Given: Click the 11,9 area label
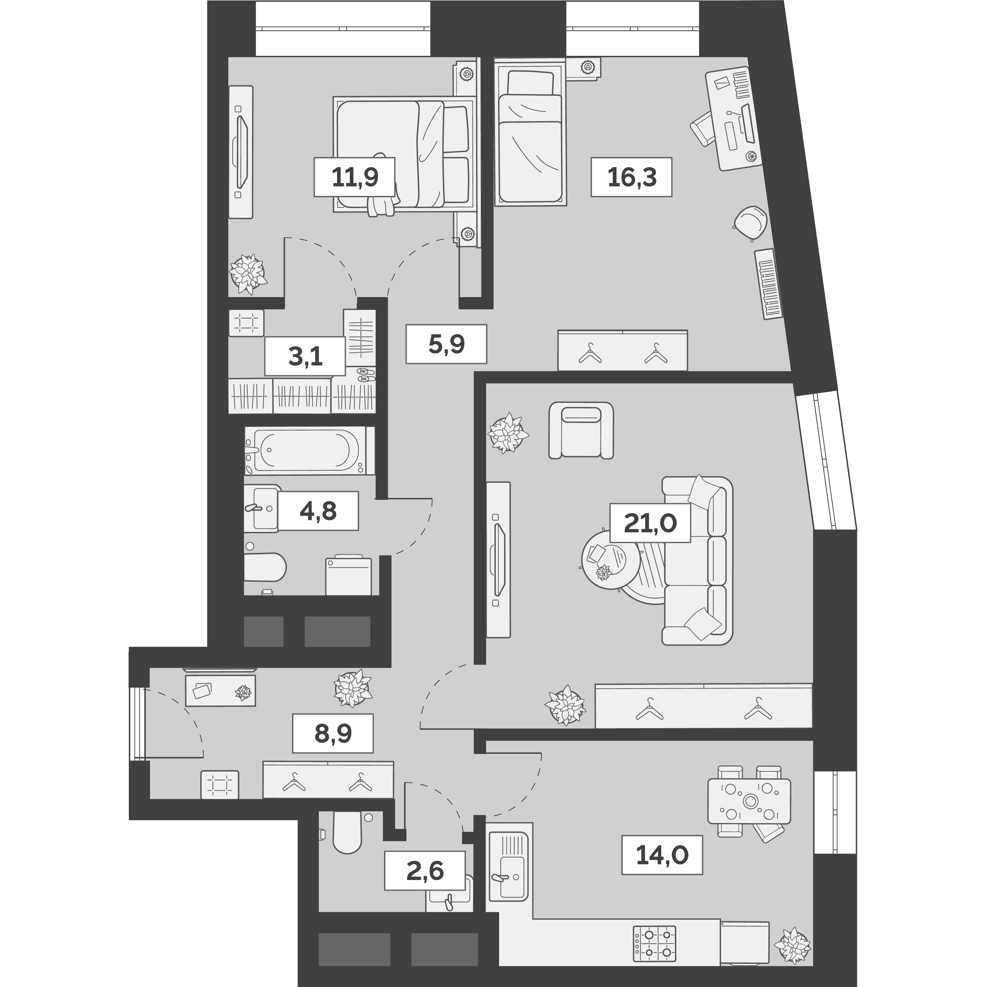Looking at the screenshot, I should pyautogui.click(x=355, y=177).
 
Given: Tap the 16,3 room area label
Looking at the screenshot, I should pyautogui.click(x=631, y=177).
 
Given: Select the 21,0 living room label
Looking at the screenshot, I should pyautogui.click(x=650, y=523).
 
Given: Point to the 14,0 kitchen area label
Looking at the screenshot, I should pyautogui.click(x=662, y=855).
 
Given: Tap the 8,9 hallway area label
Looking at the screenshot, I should pyautogui.click(x=333, y=733).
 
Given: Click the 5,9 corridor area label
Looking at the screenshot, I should pyautogui.click(x=446, y=344).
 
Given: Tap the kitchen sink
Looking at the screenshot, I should pyautogui.click(x=508, y=877).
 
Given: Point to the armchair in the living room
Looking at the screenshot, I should pyautogui.click(x=581, y=430).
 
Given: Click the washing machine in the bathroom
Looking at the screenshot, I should pyautogui.click(x=349, y=576).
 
